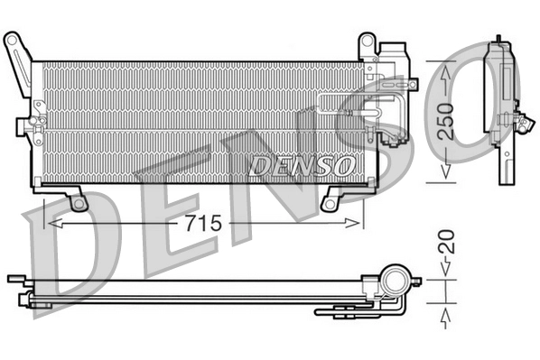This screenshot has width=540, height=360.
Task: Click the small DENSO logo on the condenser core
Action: [301, 165]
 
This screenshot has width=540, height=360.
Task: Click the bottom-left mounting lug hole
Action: [79, 203]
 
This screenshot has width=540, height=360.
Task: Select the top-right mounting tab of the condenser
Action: [367, 45]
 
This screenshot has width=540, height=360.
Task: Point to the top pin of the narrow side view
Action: [498, 41]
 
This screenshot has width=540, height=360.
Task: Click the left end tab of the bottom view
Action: [14, 279]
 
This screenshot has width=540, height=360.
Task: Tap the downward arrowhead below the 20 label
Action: [446, 267]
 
